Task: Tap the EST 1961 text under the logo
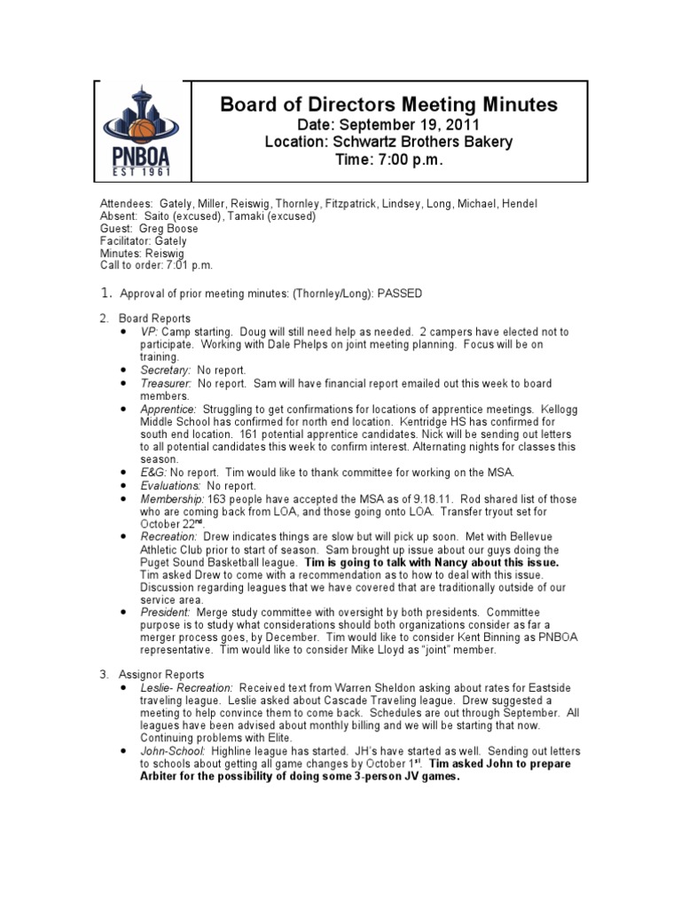click(141, 171)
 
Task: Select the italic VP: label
click(148, 332)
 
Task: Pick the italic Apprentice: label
click(168, 409)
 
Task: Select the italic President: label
click(165, 612)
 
